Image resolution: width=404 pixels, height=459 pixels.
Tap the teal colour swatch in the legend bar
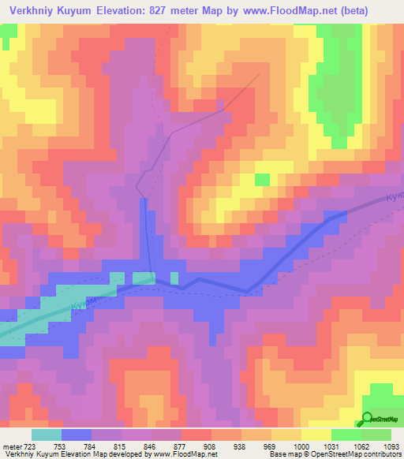click(x=47, y=434)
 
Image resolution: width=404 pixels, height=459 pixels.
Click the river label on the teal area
click(x=84, y=301)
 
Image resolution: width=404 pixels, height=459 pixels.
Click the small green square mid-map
click(x=261, y=180)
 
